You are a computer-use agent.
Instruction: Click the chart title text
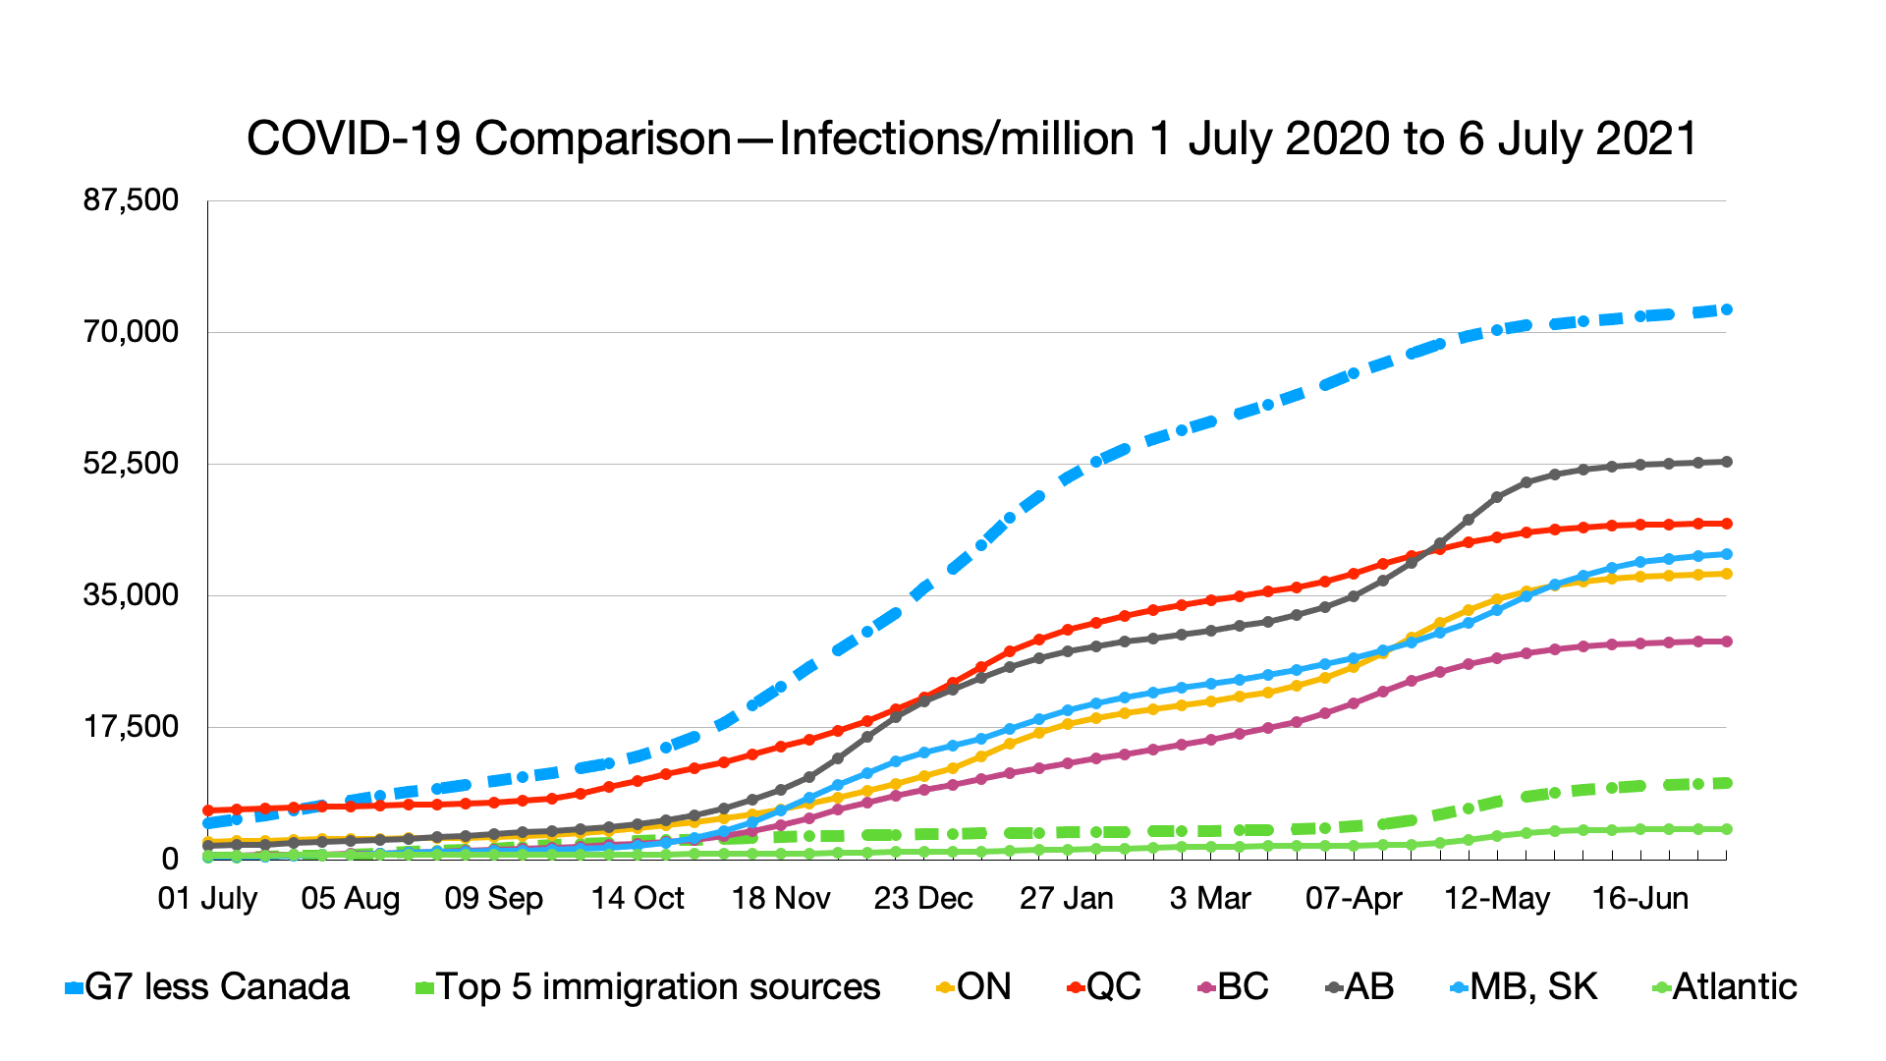click(x=971, y=139)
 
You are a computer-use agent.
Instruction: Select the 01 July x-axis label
click(x=207, y=898)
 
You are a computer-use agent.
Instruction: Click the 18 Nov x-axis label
click(x=781, y=898)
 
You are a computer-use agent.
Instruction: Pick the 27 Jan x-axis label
click(x=1067, y=898)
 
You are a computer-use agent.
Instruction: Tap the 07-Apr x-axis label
click(x=1354, y=898)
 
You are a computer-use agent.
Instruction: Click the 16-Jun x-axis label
click(x=1640, y=898)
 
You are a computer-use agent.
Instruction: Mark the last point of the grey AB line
click(x=1727, y=462)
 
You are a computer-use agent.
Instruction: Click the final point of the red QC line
click(x=1727, y=524)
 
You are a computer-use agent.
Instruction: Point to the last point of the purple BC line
click(x=1727, y=642)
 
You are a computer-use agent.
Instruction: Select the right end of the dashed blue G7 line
click(x=1727, y=309)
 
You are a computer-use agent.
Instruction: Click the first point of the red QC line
click(x=208, y=810)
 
